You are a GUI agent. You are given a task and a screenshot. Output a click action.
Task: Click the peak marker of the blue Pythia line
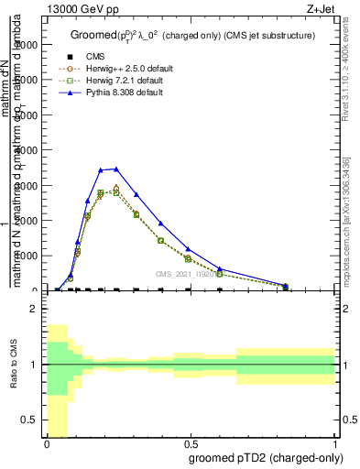[115, 169]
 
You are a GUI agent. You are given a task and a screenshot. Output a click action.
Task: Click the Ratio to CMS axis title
[14, 376]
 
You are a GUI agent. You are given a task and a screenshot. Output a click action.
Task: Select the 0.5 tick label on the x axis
[191, 443]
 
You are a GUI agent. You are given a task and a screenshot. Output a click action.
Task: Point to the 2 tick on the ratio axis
[33, 309]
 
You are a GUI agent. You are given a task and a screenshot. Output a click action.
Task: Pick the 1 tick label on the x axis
[334, 443]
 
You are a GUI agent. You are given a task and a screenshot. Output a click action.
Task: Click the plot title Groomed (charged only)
[192, 36]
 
